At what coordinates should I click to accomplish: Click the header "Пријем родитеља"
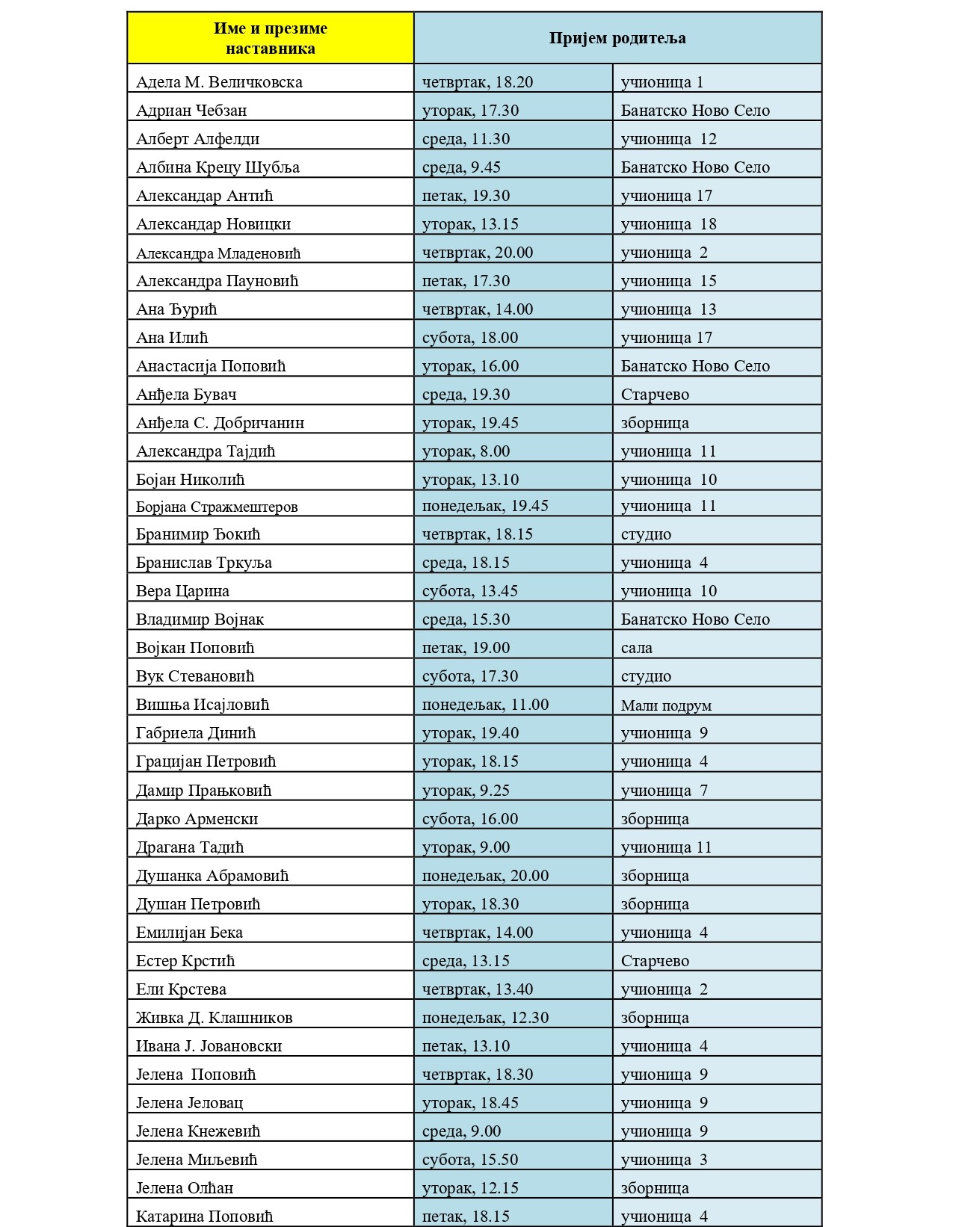(617, 38)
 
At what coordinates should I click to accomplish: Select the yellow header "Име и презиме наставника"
(271, 38)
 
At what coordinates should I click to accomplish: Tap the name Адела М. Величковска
(219, 82)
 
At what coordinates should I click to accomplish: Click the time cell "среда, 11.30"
(466, 139)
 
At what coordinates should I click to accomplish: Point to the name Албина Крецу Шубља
(218, 167)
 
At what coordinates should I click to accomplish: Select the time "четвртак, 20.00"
(478, 253)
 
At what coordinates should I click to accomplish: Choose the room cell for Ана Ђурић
(668, 309)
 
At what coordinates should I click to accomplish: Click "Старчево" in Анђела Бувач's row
(655, 395)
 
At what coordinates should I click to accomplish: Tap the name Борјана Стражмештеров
(217, 507)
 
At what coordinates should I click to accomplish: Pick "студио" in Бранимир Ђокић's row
(646, 534)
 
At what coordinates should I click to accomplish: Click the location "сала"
(636, 648)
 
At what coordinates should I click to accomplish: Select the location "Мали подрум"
(666, 705)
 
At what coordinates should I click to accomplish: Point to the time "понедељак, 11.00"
(485, 705)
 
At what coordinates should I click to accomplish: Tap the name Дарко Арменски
(197, 819)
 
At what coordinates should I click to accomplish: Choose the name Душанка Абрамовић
(212, 876)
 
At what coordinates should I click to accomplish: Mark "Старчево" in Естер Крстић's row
(655, 961)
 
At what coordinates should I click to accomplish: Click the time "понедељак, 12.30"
(485, 1018)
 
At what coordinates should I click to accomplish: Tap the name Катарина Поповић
(204, 1217)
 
